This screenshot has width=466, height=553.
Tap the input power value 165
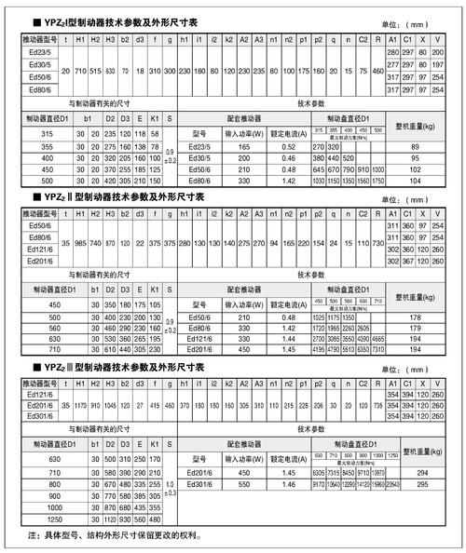(244, 147)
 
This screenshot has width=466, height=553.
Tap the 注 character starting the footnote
(34, 537)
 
